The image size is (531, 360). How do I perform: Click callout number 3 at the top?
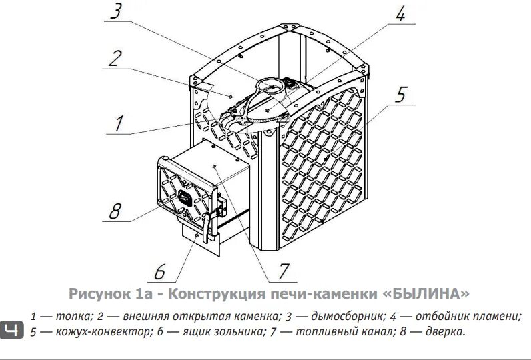(117, 12)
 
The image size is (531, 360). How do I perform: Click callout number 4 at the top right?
(400, 14)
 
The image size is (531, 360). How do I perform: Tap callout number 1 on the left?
(119, 123)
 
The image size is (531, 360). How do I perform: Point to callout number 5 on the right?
(400, 94)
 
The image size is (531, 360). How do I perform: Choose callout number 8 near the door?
(115, 211)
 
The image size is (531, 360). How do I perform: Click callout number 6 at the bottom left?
(159, 271)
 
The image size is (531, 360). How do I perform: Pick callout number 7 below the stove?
(283, 271)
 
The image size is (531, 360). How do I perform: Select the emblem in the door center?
(183, 197)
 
